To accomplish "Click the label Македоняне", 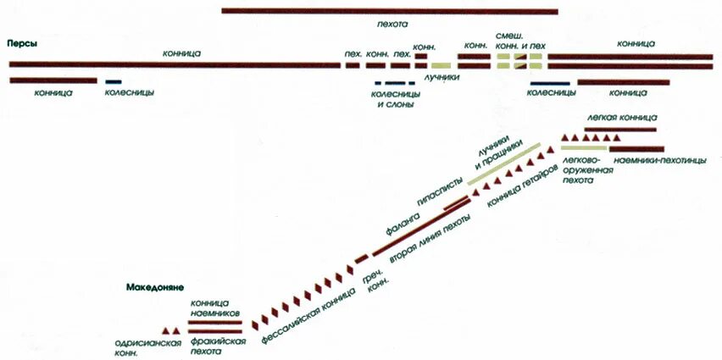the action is [157, 287].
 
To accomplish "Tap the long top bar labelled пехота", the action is [390, 11].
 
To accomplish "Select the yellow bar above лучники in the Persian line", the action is [441, 65].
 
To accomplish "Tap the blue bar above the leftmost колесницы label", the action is [113, 81].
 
